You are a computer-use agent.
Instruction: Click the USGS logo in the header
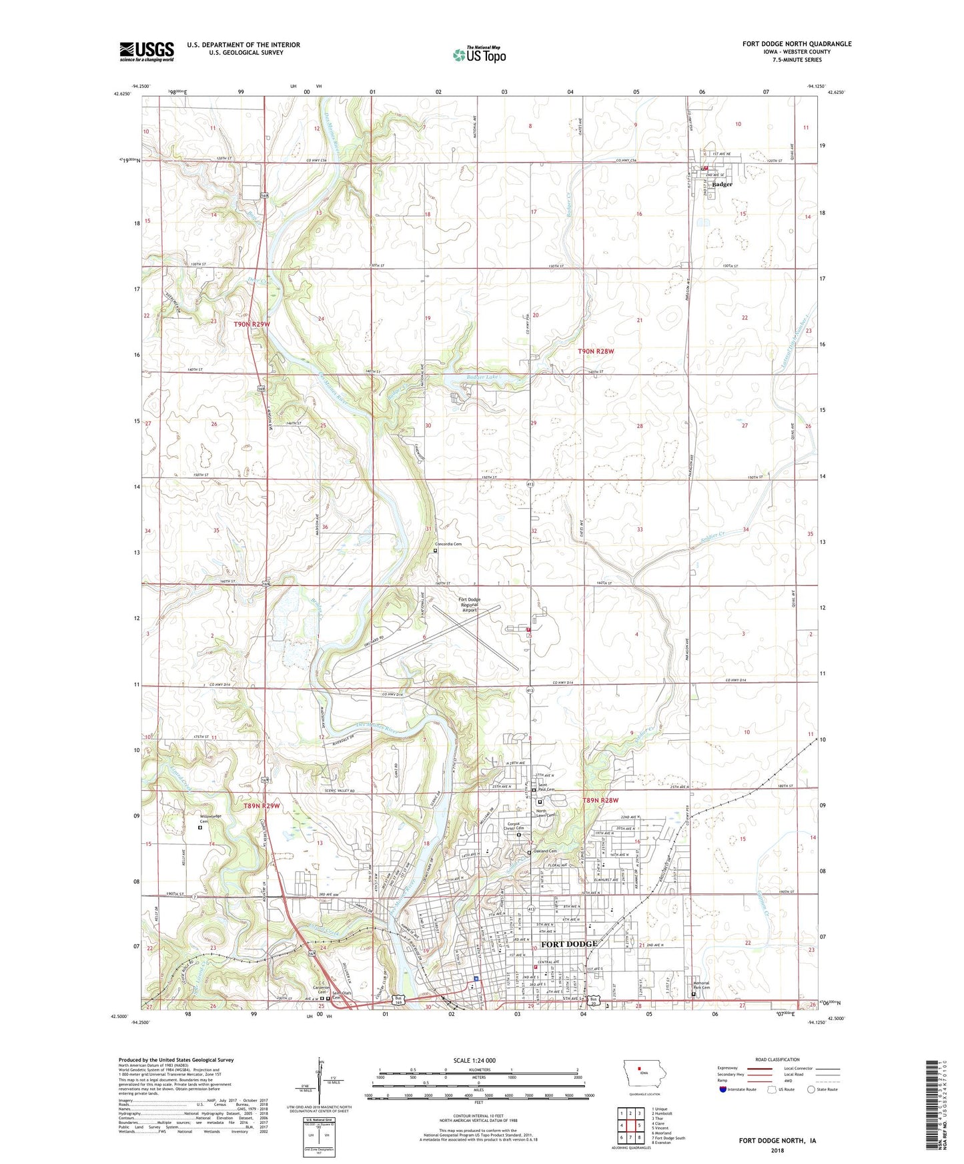tap(146, 51)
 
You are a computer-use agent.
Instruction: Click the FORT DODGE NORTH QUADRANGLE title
tap(797, 44)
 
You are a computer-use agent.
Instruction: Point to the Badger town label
tap(722, 184)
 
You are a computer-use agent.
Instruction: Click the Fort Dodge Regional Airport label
tap(469, 604)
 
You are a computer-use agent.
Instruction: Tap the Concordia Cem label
tap(448, 544)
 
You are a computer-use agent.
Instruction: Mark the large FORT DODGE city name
tap(568, 944)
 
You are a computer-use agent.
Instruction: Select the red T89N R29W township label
tap(261, 805)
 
